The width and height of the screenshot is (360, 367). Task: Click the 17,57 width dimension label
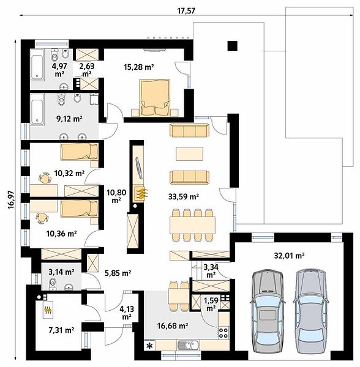coord(186,11)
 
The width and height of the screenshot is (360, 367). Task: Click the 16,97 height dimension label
coord(11,200)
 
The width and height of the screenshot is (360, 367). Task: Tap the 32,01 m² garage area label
coord(289,255)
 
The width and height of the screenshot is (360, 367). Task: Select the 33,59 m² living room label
coord(184,196)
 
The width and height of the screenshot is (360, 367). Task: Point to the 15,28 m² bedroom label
coord(138,67)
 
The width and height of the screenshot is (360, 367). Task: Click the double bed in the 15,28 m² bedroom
coord(155,98)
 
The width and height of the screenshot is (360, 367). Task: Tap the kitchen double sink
coord(189,345)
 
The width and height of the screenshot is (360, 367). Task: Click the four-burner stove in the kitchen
coord(223,332)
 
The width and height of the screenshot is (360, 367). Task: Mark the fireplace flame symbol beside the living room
coord(141,193)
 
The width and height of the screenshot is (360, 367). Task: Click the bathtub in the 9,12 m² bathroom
coord(37,109)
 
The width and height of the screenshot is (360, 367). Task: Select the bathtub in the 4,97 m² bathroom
coord(37,65)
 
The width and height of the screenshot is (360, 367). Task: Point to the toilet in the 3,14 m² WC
coord(53,283)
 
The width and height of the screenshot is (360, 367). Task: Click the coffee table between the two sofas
coord(189,154)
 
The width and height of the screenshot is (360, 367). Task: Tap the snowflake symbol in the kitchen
coord(149,345)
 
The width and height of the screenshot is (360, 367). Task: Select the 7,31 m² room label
coord(61,330)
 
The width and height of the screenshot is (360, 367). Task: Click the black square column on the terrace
coord(233,46)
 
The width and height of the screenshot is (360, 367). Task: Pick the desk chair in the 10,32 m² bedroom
coord(45,178)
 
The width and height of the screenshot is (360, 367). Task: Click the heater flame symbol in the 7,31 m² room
coord(48,310)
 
